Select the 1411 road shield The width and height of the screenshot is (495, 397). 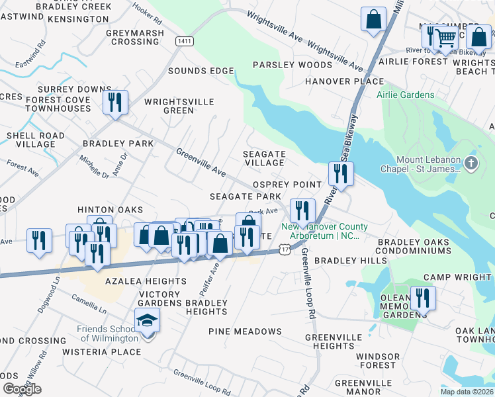click(x=185, y=42)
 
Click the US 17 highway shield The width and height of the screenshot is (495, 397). click(x=285, y=249)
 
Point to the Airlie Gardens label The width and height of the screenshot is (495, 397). click(x=406, y=95)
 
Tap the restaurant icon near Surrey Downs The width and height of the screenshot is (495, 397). click(x=115, y=103)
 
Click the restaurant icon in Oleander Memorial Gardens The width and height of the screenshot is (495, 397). click(x=422, y=298)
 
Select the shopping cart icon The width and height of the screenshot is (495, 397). click(x=446, y=38)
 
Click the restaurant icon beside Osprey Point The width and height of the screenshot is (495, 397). click(x=341, y=174)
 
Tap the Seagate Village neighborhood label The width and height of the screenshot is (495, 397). click(x=265, y=158)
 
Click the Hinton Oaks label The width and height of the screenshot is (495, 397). click(x=110, y=209)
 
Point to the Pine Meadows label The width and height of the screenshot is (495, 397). click(x=245, y=331)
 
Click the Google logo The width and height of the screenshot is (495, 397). click(x=22, y=389)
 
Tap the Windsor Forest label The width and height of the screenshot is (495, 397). click(x=376, y=361)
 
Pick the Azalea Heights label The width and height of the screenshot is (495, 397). click(x=146, y=281)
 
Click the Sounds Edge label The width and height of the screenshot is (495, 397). click(x=201, y=71)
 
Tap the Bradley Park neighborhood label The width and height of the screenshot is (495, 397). click(x=118, y=143)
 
